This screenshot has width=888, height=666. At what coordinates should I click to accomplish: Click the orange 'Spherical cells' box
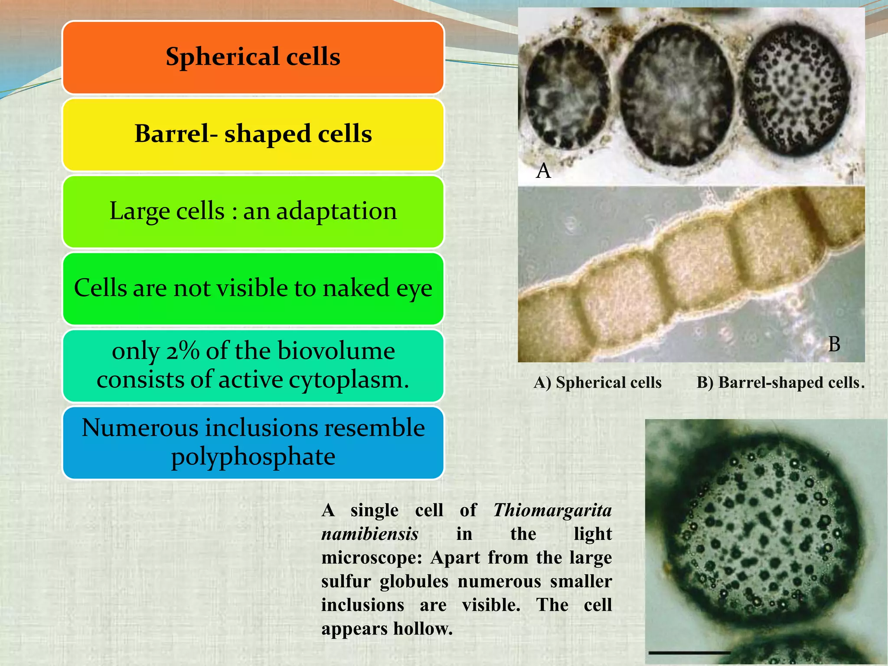point(253,57)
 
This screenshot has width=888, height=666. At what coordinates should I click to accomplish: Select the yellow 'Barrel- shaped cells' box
point(253,134)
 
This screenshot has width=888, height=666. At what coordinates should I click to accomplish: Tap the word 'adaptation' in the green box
point(336,211)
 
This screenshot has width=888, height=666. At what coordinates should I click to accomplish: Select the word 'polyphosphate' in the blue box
point(253,457)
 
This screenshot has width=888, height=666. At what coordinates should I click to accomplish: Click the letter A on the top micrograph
point(543,171)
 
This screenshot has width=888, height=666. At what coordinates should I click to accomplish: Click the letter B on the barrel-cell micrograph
point(834,344)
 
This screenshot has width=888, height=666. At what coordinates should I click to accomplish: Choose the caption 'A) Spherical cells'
point(597,382)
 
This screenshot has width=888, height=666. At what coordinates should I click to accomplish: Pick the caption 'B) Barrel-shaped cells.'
point(780,382)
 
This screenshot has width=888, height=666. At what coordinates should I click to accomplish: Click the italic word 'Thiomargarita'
point(552,510)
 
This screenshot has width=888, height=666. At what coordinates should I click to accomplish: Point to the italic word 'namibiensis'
point(370,534)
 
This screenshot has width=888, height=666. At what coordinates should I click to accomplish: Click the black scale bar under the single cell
point(689,652)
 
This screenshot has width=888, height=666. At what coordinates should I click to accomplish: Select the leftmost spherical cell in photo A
point(566,93)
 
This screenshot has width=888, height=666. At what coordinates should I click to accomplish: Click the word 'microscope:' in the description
point(372,558)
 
